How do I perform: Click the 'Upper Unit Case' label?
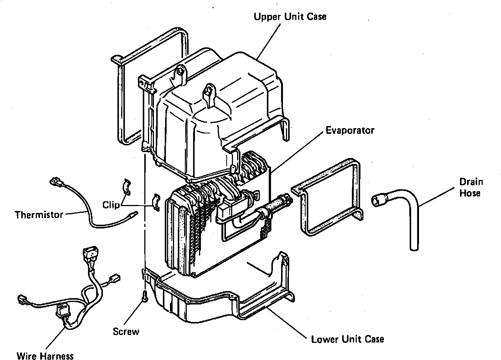click(290, 17)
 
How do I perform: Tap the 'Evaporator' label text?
click(350, 130)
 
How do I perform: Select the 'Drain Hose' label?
click(471, 187)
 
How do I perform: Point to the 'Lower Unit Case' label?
click(347, 339)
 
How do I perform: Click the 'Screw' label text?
click(126, 331)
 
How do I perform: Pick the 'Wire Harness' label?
click(45, 356)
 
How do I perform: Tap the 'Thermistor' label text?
click(39, 215)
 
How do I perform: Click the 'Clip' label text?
click(111, 205)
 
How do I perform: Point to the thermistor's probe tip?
click(134, 214)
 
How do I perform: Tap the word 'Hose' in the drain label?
click(470, 193)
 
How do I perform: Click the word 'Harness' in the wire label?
click(57, 356)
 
